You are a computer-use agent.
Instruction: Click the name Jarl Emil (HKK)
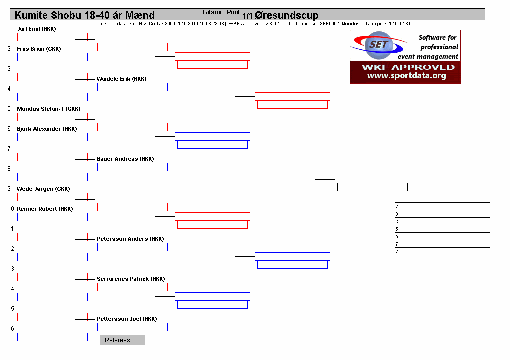pyautogui.click(x=37, y=29)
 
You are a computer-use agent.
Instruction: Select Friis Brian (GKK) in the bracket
pyautogui.click(x=39, y=49)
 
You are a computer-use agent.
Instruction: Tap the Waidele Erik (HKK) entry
pyautogui.click(x=121, y=79)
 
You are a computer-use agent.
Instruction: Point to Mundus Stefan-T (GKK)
pyautogui.click(x=49, y=109)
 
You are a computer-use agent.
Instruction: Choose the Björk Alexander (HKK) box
pyautogui.click(x=47, y=129)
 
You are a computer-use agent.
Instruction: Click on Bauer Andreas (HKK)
pyautogui.click(x=125, y=159)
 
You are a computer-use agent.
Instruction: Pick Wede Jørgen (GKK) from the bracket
pyautogui.click(x=43, y=189)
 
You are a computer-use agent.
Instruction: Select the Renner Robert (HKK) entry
pyautogui.click(x=45, y=209)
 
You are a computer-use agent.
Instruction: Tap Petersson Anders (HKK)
pyautogui.click(x=130, y=239)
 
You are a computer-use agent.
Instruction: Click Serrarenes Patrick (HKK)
pyautogui.click(x=131, y=279)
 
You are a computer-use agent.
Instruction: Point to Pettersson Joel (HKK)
pyautogui.click(x=127, y=319)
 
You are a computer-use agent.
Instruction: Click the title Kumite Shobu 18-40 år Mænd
pyautogui.click(x=85, y=15)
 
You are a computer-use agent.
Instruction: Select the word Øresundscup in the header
pyautogui.click(x=286, y=15)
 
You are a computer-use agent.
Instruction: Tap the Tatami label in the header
pyautogui.click(x=212, y=12)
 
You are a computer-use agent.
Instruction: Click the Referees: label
pyautogui.click(x=118, y=340)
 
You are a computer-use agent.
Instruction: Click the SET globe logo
pyautogui.click(x=379, y=45)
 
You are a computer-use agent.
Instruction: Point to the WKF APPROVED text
pyautogui.click(x=408, y=67)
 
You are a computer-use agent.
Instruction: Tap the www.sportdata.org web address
pyautogui.click(x=407, y=76)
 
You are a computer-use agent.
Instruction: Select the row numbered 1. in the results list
pyautogui.click(x=442, y=199)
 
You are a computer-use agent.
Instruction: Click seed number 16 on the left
pyautogui.click(x=10, y=329)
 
